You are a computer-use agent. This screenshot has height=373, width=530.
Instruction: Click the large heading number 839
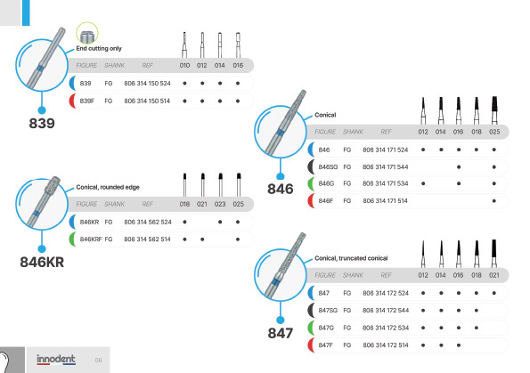pyautogui.click(x=42, y=124)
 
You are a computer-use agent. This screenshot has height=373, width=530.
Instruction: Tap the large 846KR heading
pyautogui.click(x=42, y=263)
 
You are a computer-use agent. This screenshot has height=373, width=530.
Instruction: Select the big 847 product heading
pyautogui.click(x=281, y=333)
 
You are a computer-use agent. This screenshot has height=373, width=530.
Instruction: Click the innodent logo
pyautogui.click(x=56, y=359)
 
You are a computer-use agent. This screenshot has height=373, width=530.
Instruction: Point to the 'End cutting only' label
pyautogui.click(x=99, y=48)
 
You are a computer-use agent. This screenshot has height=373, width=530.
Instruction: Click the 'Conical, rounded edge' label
pyautogui.click(x=108, y=187)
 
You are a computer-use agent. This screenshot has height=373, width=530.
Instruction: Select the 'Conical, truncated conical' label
pyautogui.click(x=351, y=258)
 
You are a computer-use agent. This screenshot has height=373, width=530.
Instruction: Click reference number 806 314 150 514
pyautogui.click(x=147, y=101)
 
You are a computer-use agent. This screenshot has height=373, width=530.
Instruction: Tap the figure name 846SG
pyautogui.click(x=328, y=166)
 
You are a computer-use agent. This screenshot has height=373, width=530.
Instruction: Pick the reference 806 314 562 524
pyautogui.click(x=148, y=222)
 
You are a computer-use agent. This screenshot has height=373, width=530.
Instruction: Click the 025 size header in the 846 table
pyautogui.click(x=494, y=132)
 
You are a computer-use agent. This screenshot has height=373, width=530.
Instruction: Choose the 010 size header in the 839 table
pyautogui.click(x=184, y=65)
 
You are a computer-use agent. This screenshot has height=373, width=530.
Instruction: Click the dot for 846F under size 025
pyautogui.click(x=494, y=200)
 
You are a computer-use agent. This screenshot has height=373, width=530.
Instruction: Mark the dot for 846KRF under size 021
pyautogui.click(x=202, y=239)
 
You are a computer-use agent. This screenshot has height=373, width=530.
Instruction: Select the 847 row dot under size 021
pyautogui.click(x=494, y=293)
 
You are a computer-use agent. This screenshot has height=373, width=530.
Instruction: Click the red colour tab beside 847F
pyautogui.click(x=311, y=345)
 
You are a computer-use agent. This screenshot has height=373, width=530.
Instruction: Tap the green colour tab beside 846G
pyautogui.click(x=311, y=183)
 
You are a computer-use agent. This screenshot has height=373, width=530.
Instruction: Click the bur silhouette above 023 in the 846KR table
pyautogui.click(x=220, y=185)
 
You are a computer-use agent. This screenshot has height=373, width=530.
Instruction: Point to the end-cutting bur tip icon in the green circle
pyautogui.click(x=87, y=34)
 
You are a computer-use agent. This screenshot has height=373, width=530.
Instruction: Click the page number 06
pyautogui.click(x=98, y=361)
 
